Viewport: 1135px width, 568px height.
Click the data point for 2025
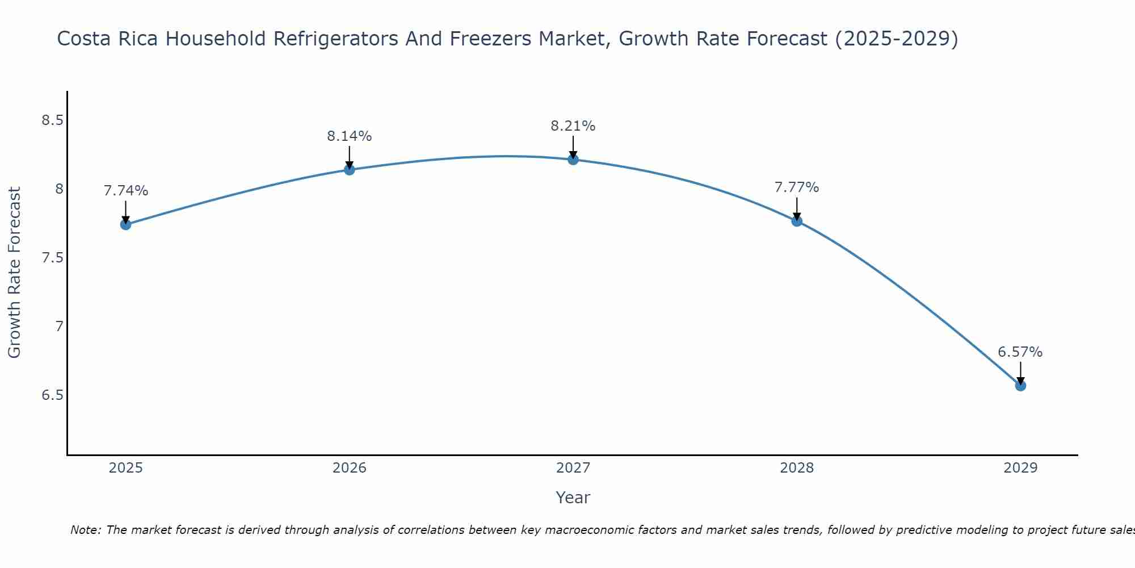click(x=126, y=224)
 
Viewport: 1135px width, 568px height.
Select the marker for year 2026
click(x=350, y=169)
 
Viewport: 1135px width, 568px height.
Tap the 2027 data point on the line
click(x=573, y=160)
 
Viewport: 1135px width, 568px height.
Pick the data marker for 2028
click(x=797, y=221)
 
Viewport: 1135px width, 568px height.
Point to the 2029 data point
click(x=1020, y=386)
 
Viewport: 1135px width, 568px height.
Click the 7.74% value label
click(x=126, y=191)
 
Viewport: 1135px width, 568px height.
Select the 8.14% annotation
click(x=350, y=136)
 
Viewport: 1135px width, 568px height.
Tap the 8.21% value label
click(x=573, y=126)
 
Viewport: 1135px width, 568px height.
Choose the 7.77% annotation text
click(x=797, y=187)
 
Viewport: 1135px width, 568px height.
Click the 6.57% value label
click(x=1020, y=352)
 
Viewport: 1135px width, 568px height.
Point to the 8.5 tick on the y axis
click(x=52, y=120)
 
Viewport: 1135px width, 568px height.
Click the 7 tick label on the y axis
click(x=59, y=326)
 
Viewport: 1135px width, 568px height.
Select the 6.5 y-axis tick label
click(x=52, y=395)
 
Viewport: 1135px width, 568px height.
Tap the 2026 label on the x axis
click(x=350, y=468)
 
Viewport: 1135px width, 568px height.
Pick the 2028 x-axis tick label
click(x=797, y=468)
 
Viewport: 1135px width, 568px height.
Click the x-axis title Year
click(x=573, y=498)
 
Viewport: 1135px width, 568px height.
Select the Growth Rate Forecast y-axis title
click(x=15, y=273)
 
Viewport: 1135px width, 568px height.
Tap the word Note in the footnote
click(x=85, y=530)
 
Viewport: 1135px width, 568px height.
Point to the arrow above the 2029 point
click(x=1020, y=373)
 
